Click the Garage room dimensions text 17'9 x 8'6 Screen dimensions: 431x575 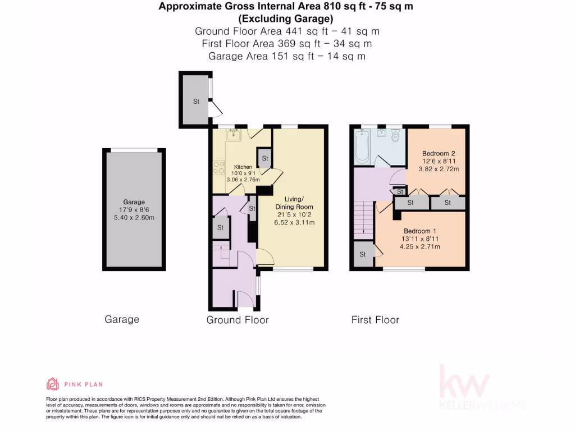coord(134,210)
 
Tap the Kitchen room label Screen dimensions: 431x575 coord(243,167)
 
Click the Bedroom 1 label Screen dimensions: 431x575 coord(420,231)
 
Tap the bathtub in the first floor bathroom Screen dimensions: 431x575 coord(362,146)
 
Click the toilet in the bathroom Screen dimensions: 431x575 coord(396,135)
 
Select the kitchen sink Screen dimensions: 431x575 coord(234,134)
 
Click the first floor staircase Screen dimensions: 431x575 coord(364,218)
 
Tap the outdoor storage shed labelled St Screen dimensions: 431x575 coord(196,102)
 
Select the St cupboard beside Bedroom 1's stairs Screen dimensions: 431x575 coord(363,254)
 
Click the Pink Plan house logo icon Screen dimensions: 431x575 coord(52,384)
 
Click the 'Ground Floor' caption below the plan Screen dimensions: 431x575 coord(238,320)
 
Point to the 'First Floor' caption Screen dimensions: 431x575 coord(375,320)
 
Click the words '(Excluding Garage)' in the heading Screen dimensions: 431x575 coord(289,19)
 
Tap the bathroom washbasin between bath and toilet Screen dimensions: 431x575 coord(382,134)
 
